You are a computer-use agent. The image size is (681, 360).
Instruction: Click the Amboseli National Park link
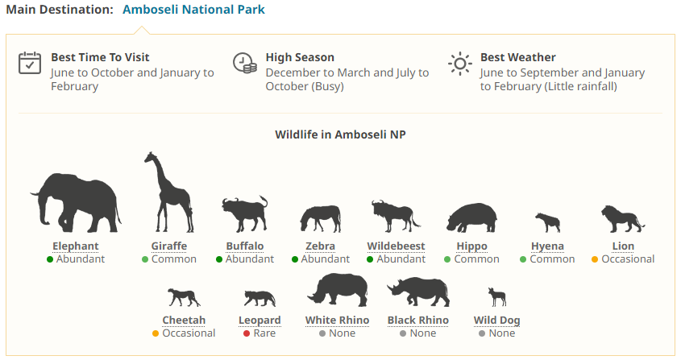click(193, 10)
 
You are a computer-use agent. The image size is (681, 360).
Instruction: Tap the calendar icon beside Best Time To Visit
click(30, 64)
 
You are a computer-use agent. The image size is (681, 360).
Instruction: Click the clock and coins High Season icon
click(244, 64)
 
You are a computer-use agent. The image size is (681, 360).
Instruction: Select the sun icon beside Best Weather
click(459, 64)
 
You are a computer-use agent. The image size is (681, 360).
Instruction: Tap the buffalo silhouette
click(244, 213)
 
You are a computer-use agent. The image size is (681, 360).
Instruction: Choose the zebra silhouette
click(320, 219)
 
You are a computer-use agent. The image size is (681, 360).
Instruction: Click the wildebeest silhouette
click(395, 216)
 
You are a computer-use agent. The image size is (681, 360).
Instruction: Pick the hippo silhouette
click(471, 217)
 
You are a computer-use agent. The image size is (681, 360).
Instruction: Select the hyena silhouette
click(547, 222)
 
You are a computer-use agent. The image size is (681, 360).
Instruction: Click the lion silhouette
click(623, 219)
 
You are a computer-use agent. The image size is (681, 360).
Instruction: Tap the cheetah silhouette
click(184, 297)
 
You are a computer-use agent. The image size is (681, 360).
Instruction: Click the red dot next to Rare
click(247, 333)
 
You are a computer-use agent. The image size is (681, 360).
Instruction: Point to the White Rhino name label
click(337, 320)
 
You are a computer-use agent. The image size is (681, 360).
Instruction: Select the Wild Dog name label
click(497, 320)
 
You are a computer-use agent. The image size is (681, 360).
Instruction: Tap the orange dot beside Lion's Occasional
click(595, 259)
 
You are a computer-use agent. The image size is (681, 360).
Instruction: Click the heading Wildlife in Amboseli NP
click(340, 134)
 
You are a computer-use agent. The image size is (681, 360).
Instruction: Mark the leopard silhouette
click(260, 299)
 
